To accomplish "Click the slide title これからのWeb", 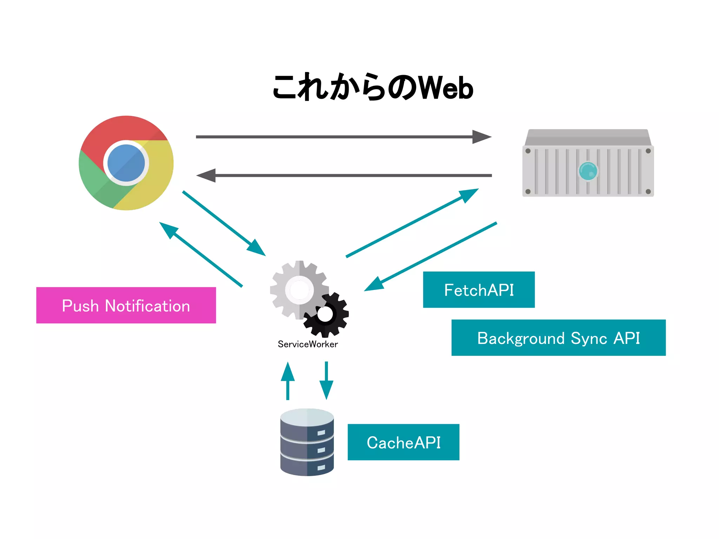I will pyautogui.click(x=373, y=87).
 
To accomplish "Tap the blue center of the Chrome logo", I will pyautogui.click(x=126, y=163).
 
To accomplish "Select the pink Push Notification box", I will pyautogui.click(x=126, y=305).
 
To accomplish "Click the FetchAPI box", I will pyautogui.click(x=479, y=290).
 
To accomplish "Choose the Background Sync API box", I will pyautogui.click(x=558, y=338).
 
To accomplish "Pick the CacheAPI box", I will pyautogui.click(x=403, y=442).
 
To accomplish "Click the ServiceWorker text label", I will pyautogui.click(x=308, y=344).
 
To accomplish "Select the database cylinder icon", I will pyautogui.click(x=307, y=442).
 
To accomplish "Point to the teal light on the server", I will pyautogui.click(x=588, y=171).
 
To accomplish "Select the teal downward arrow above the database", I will pyautogui.click(x=326, y=381).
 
